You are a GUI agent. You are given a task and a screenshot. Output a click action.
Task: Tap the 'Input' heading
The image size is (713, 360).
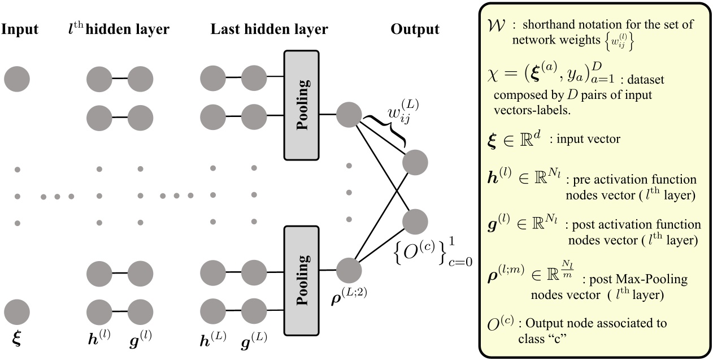(19, 29)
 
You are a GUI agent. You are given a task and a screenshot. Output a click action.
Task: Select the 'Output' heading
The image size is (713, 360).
(415, 29)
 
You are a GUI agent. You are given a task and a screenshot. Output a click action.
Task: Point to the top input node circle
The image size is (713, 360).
(17, 79)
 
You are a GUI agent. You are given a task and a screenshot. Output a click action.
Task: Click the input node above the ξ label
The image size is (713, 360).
(17, 311)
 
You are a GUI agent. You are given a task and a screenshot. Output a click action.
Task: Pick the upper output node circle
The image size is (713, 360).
(415, 163)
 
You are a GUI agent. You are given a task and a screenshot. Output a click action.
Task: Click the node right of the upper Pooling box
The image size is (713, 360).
(349, 115)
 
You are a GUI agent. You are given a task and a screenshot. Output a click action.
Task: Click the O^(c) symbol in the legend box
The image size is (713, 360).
(501, 324)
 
